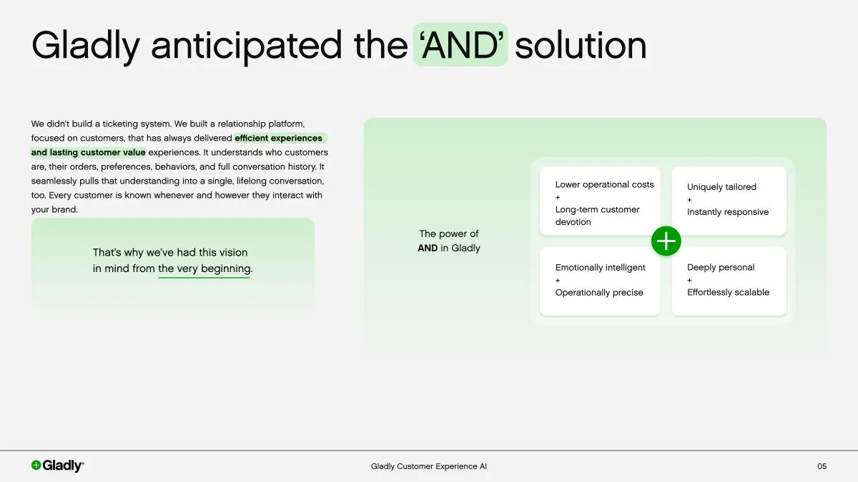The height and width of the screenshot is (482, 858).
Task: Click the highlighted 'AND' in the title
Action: pos(460,45)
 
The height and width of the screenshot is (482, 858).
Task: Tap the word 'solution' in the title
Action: pos(580,45)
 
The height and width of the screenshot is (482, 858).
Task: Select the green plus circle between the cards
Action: pos(666,241)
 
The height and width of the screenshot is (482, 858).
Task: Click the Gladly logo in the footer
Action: pos(57,466)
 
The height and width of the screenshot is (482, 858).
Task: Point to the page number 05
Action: pos(822,466)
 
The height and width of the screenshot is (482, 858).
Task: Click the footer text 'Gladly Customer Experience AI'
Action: pos(428,466)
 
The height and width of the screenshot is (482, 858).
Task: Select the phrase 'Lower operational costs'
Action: pos(604,184)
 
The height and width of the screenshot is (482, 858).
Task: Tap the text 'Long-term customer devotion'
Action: pos(597,216)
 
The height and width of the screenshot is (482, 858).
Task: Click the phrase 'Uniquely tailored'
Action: pos(721,187)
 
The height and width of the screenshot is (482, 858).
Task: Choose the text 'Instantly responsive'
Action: pos(728,212)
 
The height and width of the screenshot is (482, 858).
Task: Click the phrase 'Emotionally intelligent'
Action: pos(600,268)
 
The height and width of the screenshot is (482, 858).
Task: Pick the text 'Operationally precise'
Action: pos(599,293)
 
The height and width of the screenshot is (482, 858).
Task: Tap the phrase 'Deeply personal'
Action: pos(721,268)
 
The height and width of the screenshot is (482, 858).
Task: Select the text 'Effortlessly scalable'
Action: pos(728,292)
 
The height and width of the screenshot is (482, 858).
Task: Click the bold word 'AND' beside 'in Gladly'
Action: pos(428,248)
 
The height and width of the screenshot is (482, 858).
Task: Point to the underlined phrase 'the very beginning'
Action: pos(204,269)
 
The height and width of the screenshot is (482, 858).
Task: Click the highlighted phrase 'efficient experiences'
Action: pos(278,138)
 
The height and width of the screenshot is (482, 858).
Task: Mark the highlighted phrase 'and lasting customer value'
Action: pos(88,152)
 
